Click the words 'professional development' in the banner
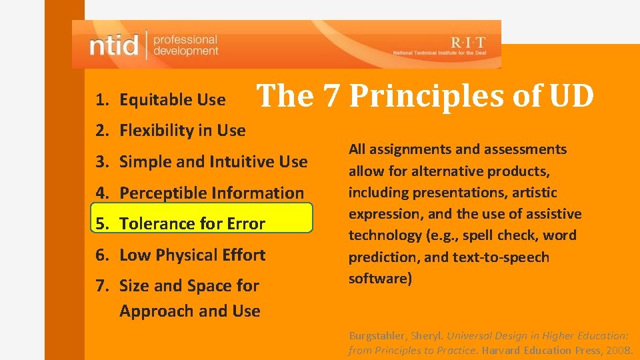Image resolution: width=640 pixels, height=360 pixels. click(x=185, y=45)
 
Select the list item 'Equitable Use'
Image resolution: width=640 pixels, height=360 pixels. click(x=172, y=100)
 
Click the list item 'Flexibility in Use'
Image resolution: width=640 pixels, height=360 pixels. click(x=182, y=131)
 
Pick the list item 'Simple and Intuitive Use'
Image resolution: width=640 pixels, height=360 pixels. click(x=213, y=161)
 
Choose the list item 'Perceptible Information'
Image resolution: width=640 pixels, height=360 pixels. click(x=211, y=193)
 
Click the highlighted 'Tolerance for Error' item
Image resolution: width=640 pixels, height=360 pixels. click(x=192, y=224)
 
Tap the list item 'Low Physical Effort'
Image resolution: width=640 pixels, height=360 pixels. click(x=192, y=255)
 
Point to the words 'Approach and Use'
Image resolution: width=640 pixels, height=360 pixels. click(x=189, y=311)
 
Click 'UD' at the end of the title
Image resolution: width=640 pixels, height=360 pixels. click(x=571, y=96)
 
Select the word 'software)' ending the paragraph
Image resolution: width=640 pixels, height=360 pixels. click(x=380, y=279)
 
